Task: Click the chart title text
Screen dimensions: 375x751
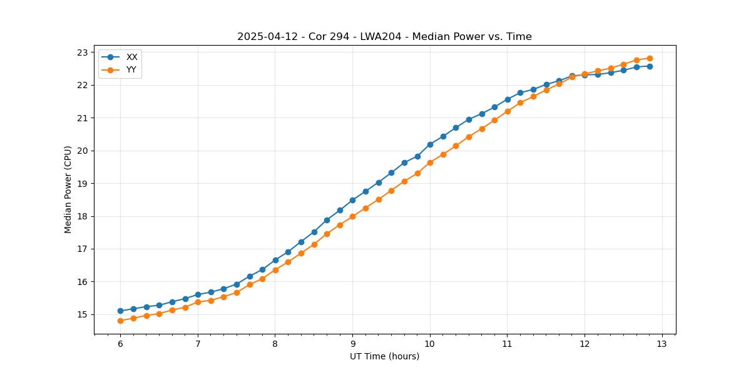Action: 384,37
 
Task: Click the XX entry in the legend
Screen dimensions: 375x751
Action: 131,57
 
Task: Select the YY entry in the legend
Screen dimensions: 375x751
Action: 131,69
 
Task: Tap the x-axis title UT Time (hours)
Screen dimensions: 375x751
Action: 384,356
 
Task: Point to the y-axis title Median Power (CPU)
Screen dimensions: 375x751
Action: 68,189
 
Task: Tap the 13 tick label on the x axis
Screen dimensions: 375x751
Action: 662,344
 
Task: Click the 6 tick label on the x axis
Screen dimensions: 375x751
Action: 120,344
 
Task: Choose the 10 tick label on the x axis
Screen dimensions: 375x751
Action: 430,344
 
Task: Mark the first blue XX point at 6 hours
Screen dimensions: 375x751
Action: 120,311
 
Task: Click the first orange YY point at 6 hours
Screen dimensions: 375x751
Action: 120,321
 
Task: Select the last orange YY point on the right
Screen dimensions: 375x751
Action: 650,58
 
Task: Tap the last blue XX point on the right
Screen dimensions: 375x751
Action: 650,66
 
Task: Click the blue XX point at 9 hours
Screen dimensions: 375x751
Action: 352,200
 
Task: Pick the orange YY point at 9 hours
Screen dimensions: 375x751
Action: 352,216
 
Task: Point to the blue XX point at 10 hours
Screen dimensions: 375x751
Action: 430,144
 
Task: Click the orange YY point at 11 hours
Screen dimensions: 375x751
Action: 508,111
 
